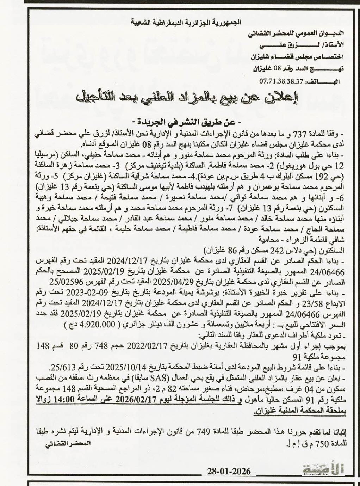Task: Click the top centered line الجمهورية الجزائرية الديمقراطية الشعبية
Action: tap(185, 22)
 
